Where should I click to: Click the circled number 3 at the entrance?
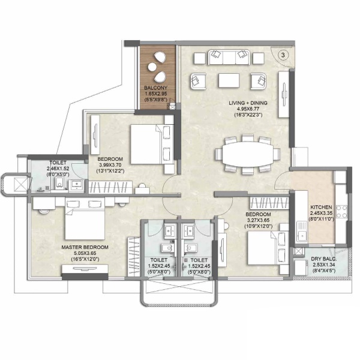(283, 55)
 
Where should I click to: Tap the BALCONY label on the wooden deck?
(155, 88)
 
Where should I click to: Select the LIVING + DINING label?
(248, 103)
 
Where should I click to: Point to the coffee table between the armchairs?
(229, 80)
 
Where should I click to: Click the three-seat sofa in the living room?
(229, 57)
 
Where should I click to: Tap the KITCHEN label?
(321, 207)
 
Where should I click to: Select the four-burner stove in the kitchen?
(341, 211)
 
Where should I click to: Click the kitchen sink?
(302, 232)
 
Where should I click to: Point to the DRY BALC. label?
(324, 259)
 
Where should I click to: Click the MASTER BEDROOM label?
(85, 247)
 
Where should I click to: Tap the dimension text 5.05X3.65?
(85, 253)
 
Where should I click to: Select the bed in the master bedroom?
(85, 220)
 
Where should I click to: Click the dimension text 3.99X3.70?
(110, 165)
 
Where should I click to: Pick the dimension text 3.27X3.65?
(258, 220)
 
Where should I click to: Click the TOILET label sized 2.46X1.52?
(58, 163)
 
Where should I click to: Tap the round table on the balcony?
(152, 67)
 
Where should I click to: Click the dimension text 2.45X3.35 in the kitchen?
(321, 213)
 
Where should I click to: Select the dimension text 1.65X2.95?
(155, 94)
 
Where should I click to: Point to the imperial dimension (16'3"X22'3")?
(248, 115)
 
